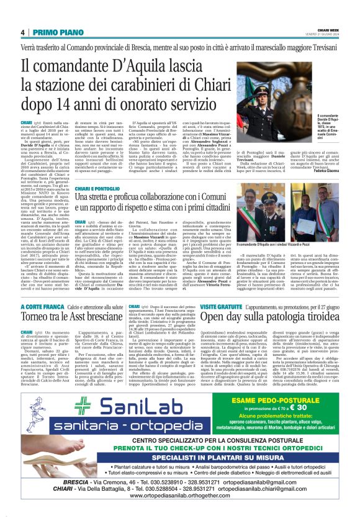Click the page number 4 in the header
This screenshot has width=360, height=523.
(x=22, y=32)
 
